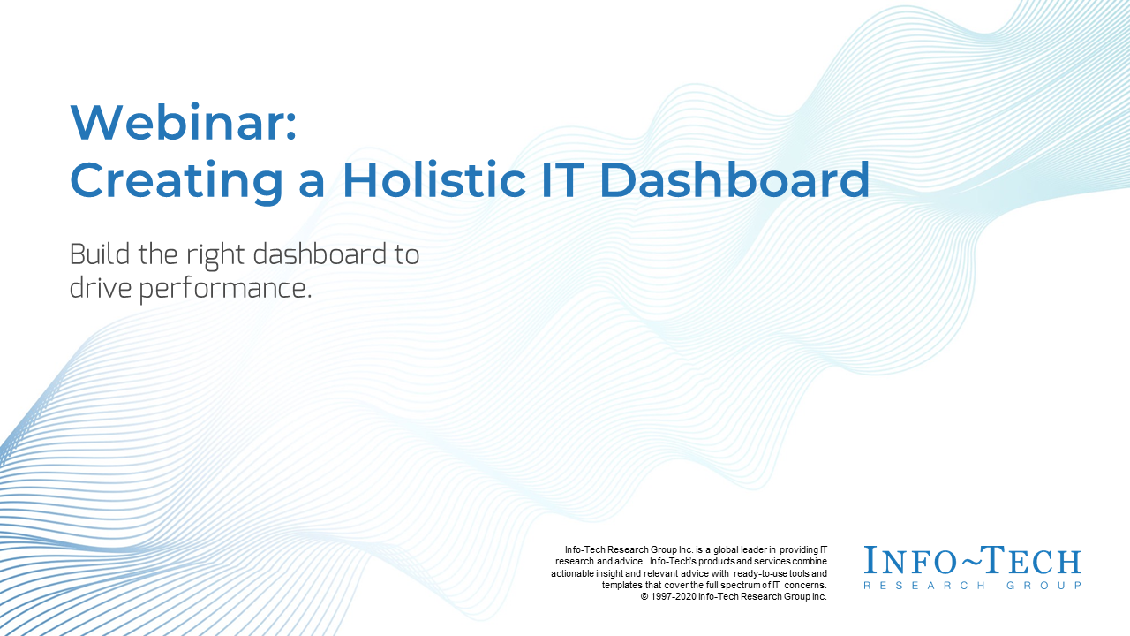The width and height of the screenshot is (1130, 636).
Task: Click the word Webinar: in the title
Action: click(x=183, y=122)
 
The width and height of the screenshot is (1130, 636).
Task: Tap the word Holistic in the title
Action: click(x=433, y=179)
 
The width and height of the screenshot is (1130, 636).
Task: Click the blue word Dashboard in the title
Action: click(x=734, y=179)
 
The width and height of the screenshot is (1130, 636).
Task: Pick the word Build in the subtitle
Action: click(x=100, y=254)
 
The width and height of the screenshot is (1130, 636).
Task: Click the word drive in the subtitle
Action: click(x=100, y=288)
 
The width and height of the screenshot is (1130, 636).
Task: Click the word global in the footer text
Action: click(x=726, y=550)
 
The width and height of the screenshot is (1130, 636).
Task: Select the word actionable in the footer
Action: click(x=572, y=573)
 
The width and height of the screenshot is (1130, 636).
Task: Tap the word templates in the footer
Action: click(x=622, y=586)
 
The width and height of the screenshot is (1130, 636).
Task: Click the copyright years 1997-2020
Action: click(x=674, y=596)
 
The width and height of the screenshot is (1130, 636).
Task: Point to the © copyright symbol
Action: click(x=644, y=597)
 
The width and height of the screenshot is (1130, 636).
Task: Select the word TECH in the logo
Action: click(x=1030, y=560)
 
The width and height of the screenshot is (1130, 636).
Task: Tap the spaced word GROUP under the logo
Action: click(x=1043, y=586)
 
